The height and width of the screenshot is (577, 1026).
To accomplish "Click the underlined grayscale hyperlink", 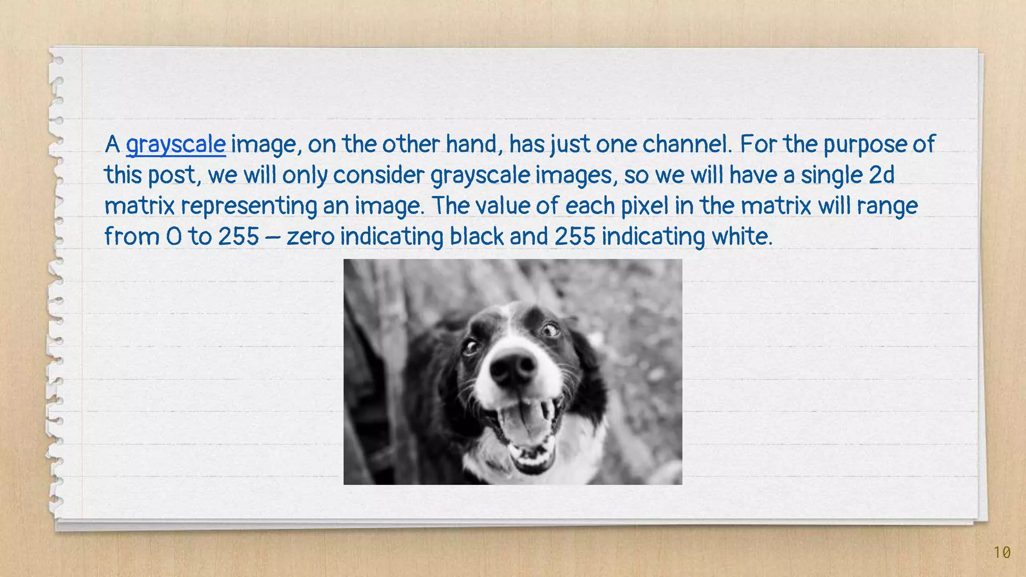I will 175,145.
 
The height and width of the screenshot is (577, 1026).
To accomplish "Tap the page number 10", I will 1002,552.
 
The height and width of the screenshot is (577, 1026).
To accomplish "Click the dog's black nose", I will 512,368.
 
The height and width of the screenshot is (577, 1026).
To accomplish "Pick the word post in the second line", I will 174,175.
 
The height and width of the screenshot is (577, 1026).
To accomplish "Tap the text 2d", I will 881,175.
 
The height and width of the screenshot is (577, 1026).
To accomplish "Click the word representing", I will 248,206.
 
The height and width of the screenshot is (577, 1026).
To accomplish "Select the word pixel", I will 645,206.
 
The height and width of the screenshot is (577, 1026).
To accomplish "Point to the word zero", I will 310,236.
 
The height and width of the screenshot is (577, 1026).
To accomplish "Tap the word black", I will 476,236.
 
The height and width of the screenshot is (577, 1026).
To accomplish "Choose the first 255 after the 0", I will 238,236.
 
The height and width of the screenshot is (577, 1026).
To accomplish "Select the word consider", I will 379,175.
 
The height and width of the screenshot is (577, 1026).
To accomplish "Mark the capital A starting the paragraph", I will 112,145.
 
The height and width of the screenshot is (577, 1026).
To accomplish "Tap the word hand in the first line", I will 473,144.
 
